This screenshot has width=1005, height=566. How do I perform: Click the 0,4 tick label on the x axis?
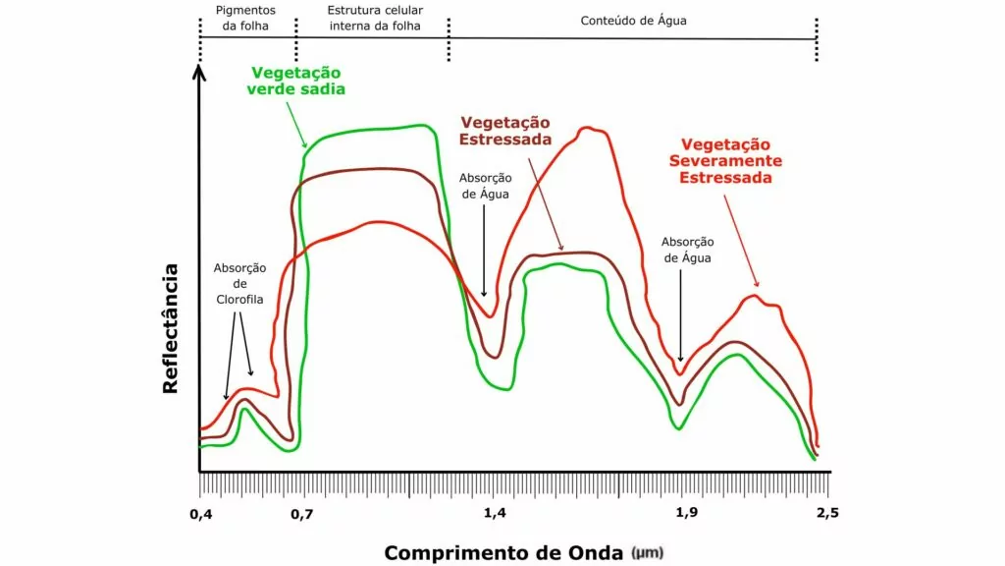coord(200,513)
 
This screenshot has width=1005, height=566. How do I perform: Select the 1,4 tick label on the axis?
coord(496,513)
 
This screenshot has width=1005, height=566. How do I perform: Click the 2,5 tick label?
coord(826,513)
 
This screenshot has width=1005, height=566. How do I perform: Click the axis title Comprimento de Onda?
coord(502,552)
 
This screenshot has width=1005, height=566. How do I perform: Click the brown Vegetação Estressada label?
coord(505,130)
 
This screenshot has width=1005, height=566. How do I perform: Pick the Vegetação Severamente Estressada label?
coord(725,160)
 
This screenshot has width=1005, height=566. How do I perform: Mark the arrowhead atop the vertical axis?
coord(199,71)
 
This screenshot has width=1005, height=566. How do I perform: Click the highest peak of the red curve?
coord(588,128)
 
